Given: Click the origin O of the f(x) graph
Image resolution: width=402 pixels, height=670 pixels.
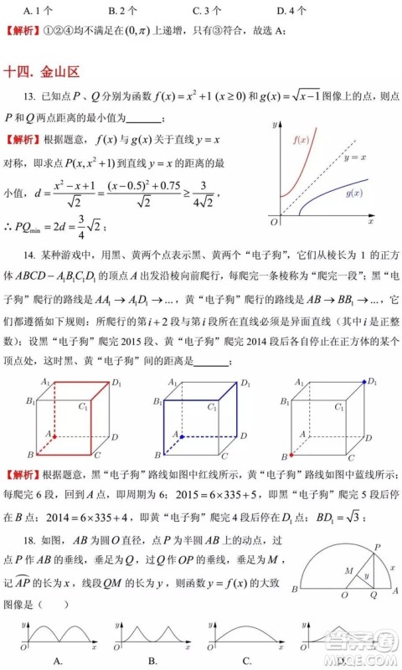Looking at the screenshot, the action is point(274,223).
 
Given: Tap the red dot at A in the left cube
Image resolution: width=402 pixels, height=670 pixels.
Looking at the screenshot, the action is point(53,436).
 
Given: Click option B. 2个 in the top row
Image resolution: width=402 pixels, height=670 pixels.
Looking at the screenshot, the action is point(123,11).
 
